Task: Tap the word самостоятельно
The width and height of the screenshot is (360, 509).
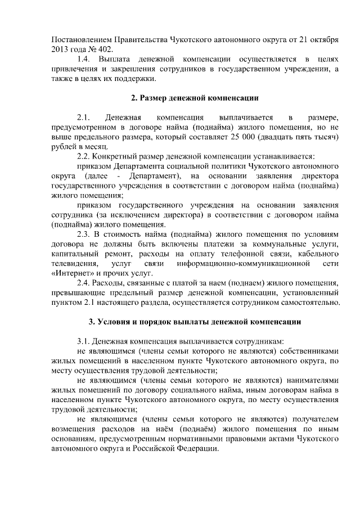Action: [x=307, y=303]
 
